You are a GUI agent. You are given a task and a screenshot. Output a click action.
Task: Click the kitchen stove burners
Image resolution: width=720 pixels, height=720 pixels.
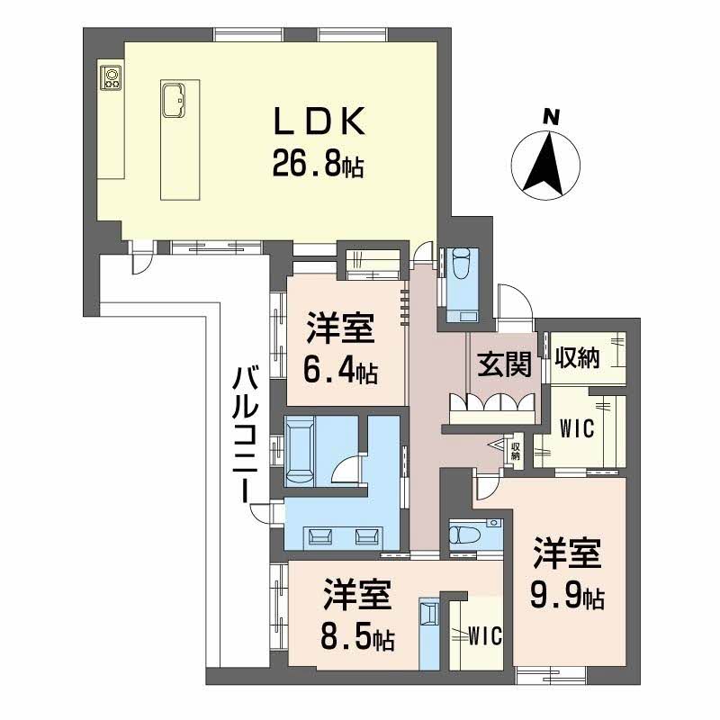[x=112, y=78]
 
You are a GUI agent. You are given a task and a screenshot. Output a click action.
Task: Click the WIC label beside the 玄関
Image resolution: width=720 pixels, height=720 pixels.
[x=576, y=429]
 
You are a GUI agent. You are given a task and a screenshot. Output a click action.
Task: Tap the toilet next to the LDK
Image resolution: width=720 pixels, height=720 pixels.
[x=462, y=271]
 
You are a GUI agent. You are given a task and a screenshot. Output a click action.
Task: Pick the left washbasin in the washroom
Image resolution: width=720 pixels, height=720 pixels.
[x=319, y=537]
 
